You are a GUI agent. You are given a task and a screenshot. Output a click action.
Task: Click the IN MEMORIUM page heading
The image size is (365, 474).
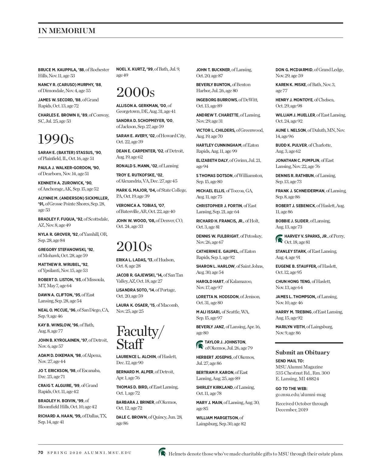point(67,31)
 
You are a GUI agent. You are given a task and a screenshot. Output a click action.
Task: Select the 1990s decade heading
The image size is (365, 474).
point(56,139)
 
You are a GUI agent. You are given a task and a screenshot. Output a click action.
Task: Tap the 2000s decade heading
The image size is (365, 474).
point(135,92)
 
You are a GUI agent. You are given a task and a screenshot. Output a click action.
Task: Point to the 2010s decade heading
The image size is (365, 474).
point(134,246)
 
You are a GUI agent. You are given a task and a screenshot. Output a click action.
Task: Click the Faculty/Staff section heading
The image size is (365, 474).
point(140,337)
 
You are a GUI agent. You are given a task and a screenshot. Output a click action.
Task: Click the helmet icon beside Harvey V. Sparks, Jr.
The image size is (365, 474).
point(279,239)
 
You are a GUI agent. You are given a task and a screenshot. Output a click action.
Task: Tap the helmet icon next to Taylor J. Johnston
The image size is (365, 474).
point(200,345)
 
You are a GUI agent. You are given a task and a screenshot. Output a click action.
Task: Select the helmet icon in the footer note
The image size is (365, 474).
point(162,452)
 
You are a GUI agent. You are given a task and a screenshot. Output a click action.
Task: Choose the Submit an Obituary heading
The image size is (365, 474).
point(302,353)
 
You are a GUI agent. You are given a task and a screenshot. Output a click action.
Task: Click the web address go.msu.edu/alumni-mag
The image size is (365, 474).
point(300,395)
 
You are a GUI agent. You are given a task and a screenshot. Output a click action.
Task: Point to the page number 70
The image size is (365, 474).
point(41,452)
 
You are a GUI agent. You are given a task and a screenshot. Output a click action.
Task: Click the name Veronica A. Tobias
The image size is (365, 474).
point(136,205)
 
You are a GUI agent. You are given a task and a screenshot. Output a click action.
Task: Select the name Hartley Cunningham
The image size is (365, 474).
point(218,145)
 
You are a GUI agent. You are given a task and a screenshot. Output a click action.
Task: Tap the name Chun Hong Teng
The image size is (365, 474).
point(293,281)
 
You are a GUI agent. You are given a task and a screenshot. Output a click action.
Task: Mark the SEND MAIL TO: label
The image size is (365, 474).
point(290,361)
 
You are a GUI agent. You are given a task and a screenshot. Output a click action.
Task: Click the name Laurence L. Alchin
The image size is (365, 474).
point(136,357)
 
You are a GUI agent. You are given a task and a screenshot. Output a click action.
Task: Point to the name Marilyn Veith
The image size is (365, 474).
point(290,327)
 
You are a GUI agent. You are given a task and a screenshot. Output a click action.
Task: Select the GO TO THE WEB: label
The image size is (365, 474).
point(291,389)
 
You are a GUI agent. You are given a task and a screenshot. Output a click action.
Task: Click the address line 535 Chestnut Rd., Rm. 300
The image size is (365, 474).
point(302,373)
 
